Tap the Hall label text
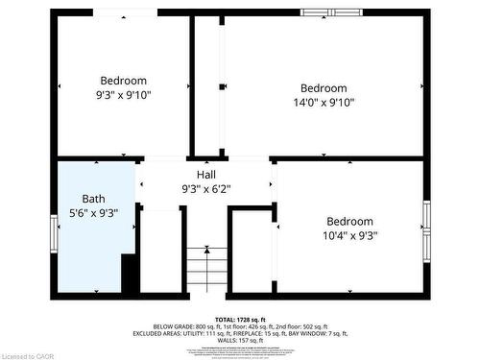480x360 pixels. coord(206,174)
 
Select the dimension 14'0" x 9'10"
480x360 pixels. coord(324,103)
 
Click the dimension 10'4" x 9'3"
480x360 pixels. coord(349,235)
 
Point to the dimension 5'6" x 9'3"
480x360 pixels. coord(94,214)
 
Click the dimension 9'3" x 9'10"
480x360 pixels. coord(123,95)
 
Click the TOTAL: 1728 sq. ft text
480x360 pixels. coord(239,318)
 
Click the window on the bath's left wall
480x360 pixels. coord(54,231)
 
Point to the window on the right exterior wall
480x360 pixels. coord(426,230)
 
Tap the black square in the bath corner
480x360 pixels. coord(130,276)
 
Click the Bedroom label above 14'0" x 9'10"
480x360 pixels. coord(324,88)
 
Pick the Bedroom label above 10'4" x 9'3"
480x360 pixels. coord(349,221)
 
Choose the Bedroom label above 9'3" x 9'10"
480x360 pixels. coord(123,81)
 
